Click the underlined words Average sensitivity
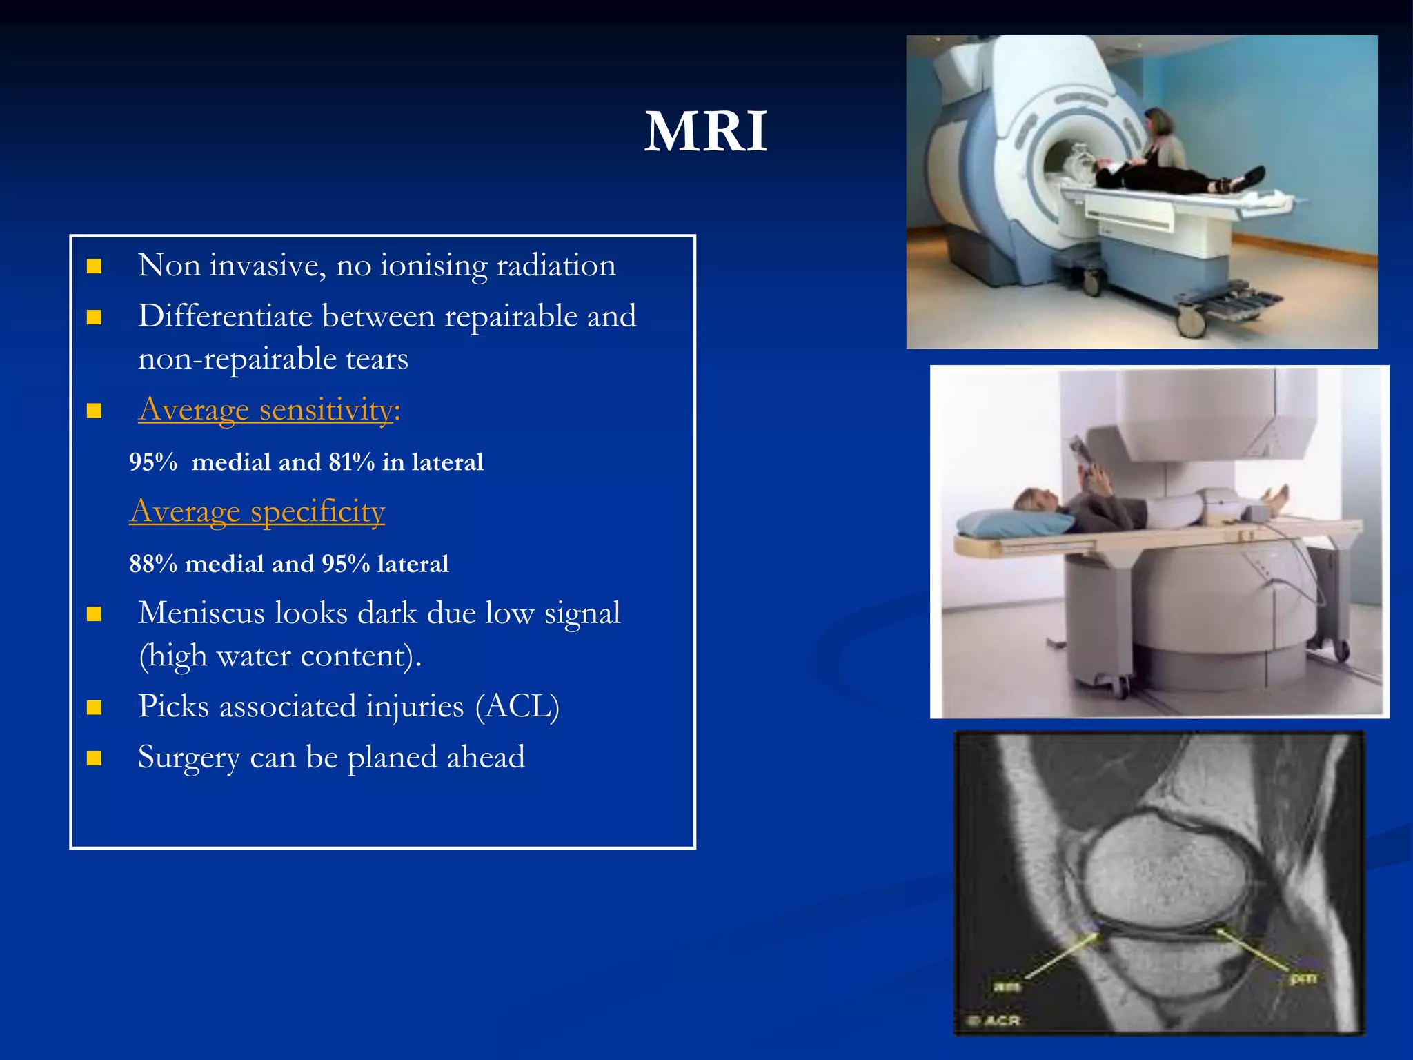pyautogui.click(x=266, y=410)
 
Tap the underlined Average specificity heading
pyautogui.click(x=257, y=511)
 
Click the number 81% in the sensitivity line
pyautogui.click(x=351, y=462)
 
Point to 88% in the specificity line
pyautogui.click(x=153, y=564)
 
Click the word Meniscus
pyautogui.click(x=201, y=613)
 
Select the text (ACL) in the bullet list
pyautogui.click(x=517, y=706)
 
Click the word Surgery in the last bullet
pyautogui.click(x=188, y=757)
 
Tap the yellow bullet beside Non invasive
pyautogui.click(x=95, y=266)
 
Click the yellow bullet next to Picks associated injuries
pyautogui.click(x=95, y=707)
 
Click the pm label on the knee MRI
pyautogui.click(x=1303, y=978)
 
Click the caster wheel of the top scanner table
pyautogui.click(x=1192, y=320)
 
